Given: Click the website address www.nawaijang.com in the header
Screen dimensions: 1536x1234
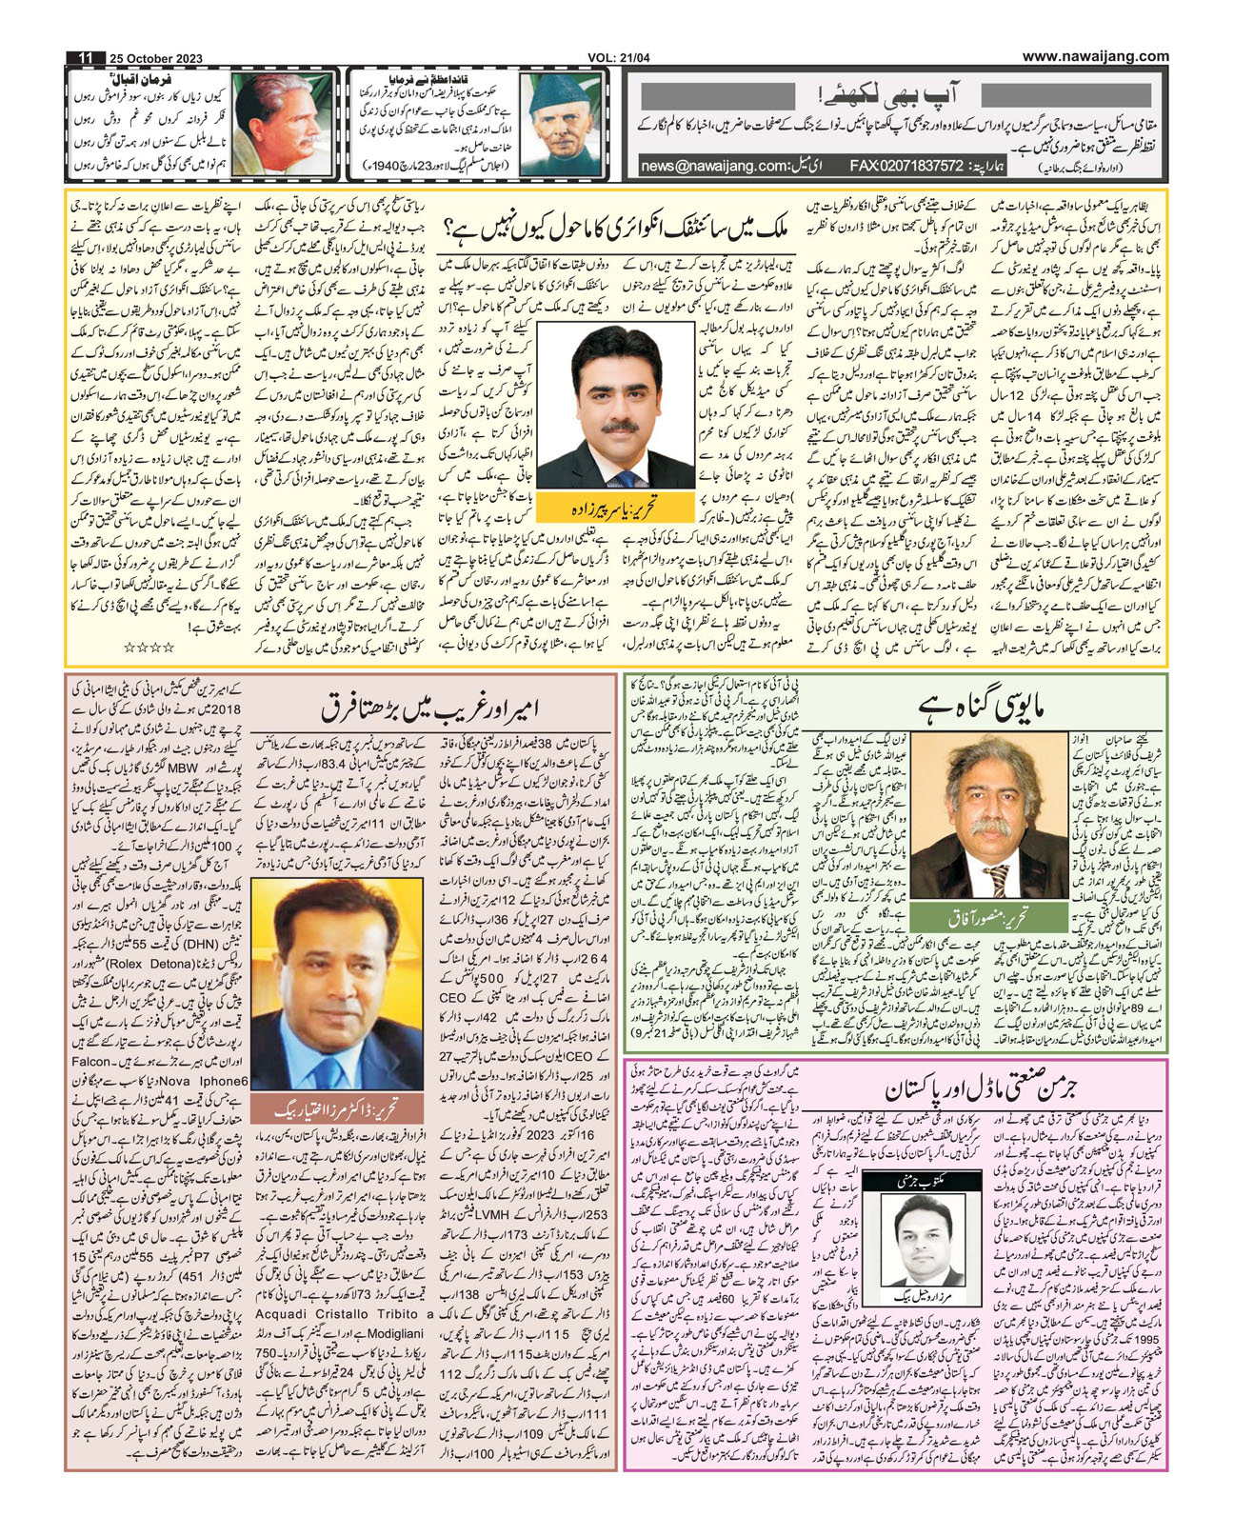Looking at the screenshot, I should [x=1095, y=56].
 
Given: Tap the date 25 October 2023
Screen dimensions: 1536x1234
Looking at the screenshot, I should [x=155, y=58].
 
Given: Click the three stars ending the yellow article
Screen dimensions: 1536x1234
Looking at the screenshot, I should [x=149, y=648].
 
